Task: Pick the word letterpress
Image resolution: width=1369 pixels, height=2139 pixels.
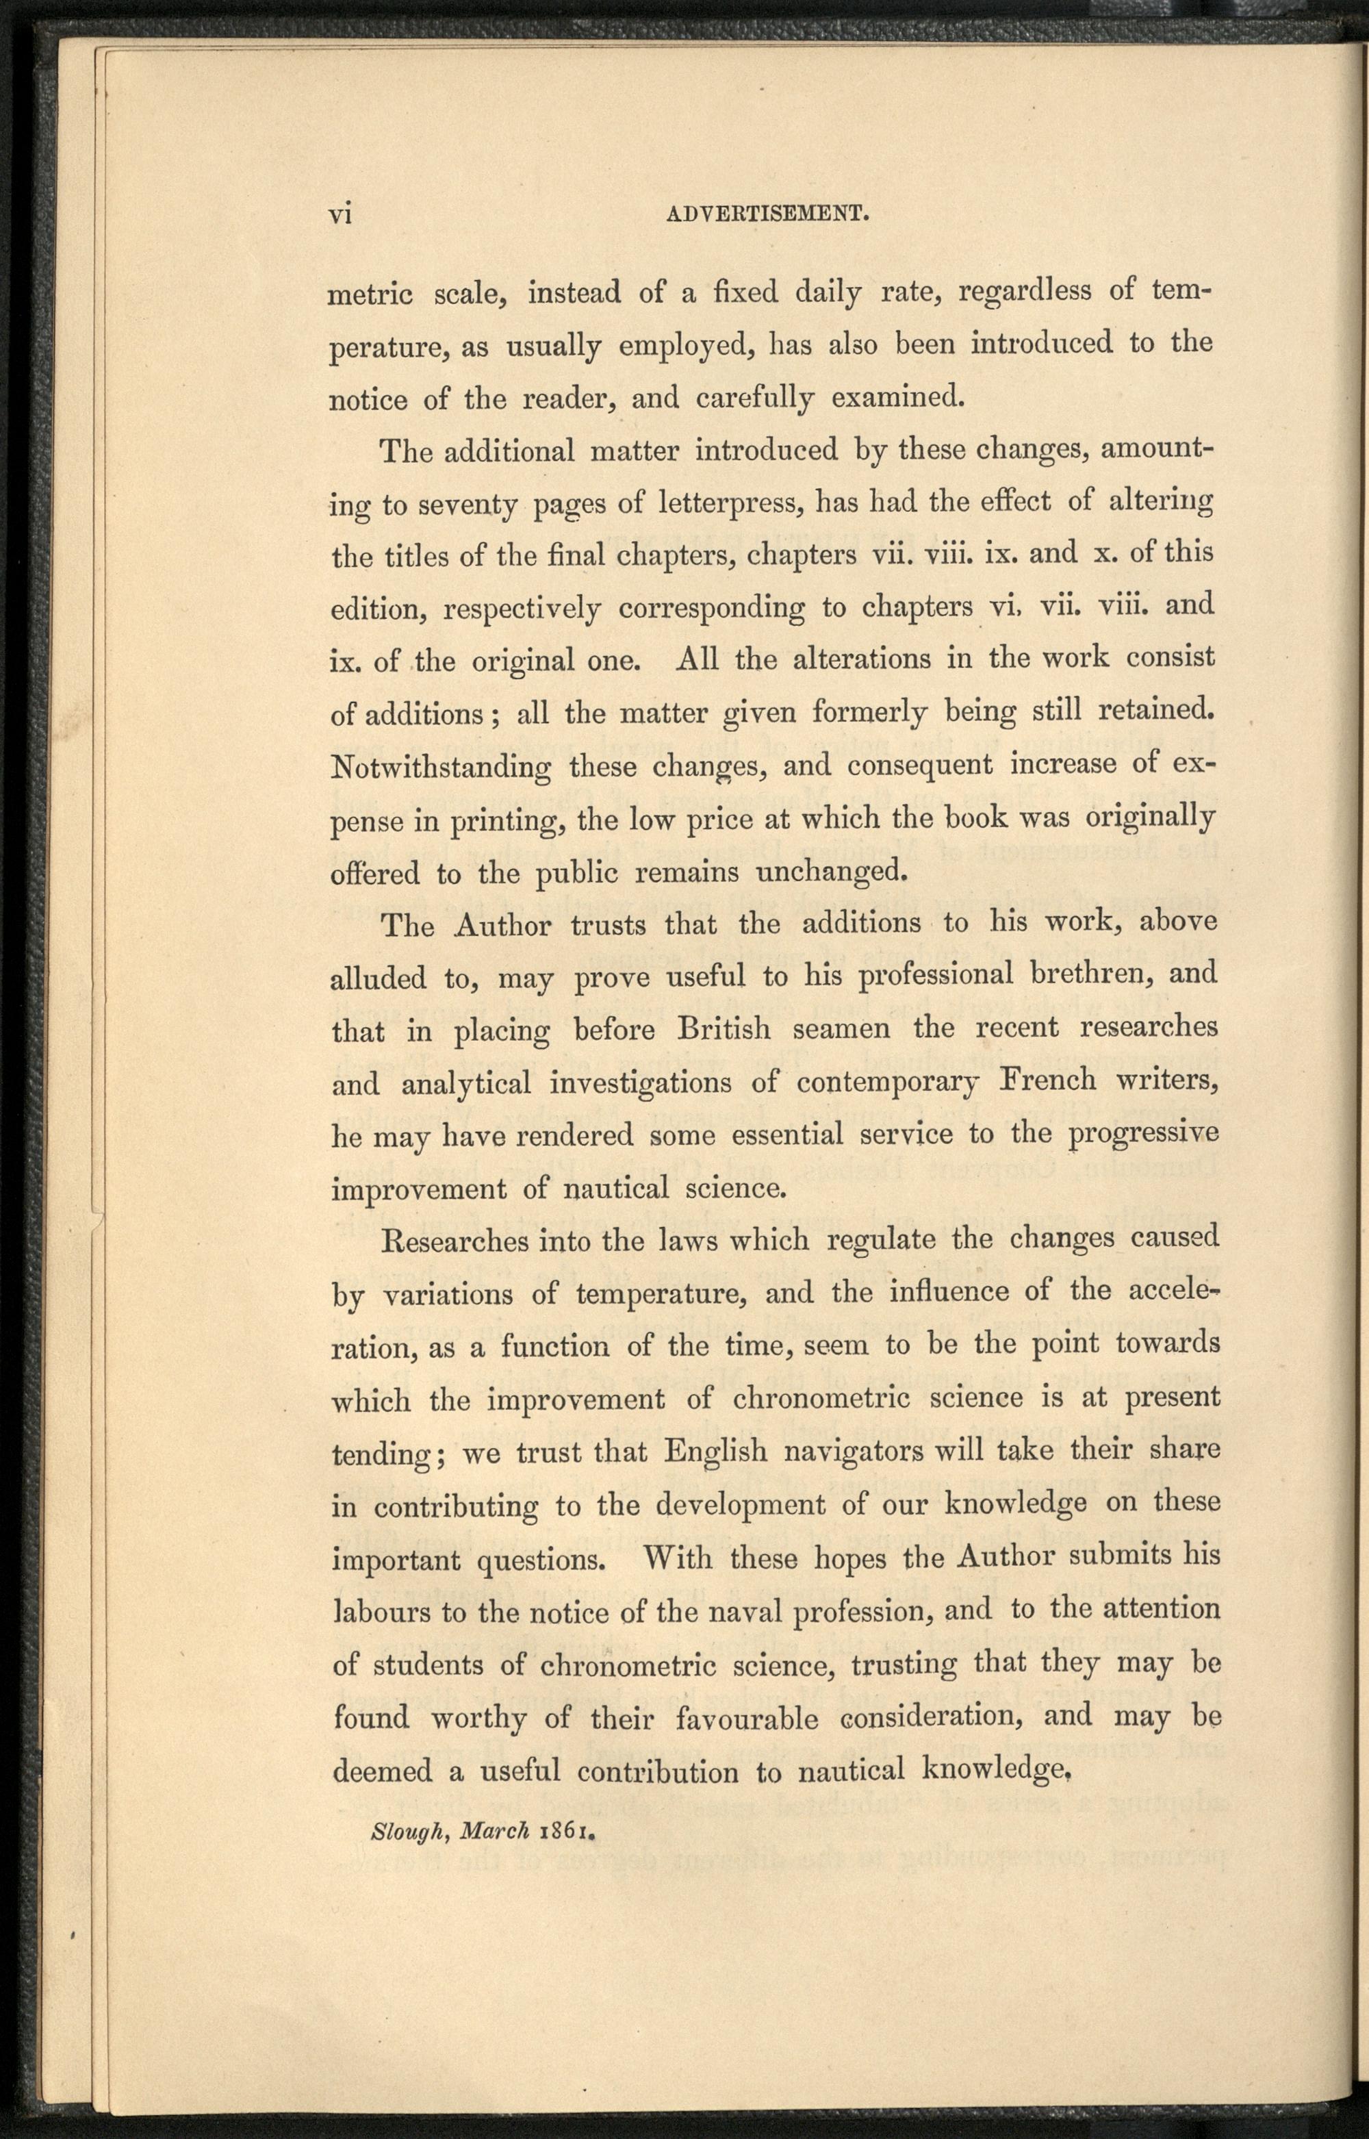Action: click(730, 503)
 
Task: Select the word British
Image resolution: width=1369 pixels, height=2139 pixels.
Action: click(724, 1028)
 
